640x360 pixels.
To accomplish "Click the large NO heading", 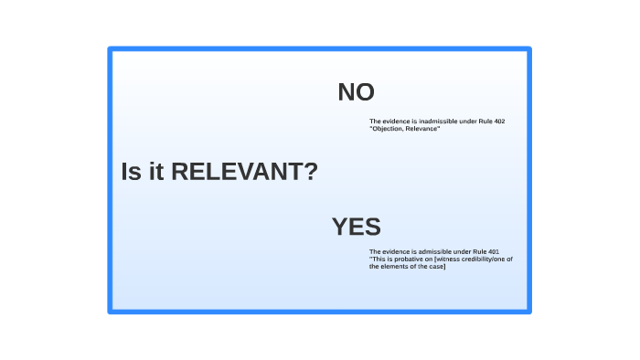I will coord(356,92).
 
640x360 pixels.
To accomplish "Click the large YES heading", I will coord(356,227).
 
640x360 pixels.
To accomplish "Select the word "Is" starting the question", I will coord(131,172).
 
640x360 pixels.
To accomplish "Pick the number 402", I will coord(499,122).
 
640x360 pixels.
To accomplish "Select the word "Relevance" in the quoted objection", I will coord(423,129).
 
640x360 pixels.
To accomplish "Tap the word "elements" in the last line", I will coord(399,266).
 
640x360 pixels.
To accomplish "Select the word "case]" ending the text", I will coord(436,266).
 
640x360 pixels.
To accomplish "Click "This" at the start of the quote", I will coord(378,259).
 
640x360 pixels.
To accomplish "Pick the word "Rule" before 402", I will coord(485,122).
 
